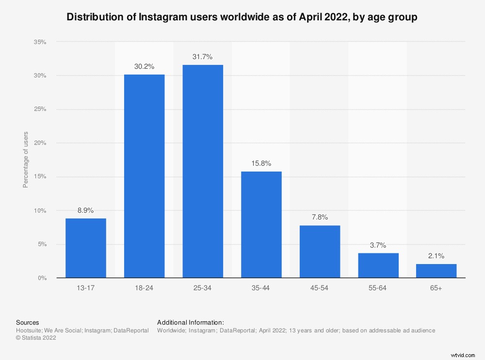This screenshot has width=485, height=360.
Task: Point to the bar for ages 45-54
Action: click(x=320, y=251)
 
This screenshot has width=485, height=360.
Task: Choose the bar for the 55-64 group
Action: click(x=378, y=265)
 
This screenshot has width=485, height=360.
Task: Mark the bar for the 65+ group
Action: click(x=436, y=271)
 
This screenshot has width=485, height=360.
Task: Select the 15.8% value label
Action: click(x=261, y=163)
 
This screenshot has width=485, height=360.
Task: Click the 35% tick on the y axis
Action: click(x=40, y=42)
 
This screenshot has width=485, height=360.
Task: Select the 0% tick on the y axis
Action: click(x=42, y=278)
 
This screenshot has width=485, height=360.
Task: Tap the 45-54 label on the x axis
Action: click(x=320, y=288)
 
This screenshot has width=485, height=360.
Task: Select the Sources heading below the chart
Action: click(x=28, y=322)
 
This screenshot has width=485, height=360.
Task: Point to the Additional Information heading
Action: click(x=191, y=322)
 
